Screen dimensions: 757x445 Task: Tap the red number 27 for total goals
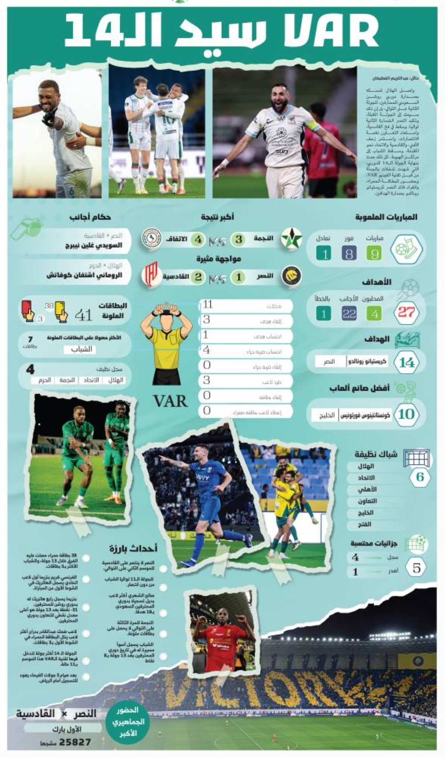point(406,312)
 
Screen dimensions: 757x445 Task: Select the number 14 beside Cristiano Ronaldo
point(406,362)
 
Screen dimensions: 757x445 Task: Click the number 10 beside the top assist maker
point(406,414)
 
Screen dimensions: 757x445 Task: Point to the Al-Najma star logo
point(291,239)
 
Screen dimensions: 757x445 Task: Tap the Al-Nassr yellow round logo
point(291,276)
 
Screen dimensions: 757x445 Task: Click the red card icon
point(27,310)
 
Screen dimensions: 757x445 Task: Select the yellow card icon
point(61,312)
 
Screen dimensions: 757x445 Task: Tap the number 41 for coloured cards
point(84,315)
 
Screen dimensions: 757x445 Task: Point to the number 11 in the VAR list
point(208,305)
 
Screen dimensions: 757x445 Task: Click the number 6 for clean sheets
point(420,477)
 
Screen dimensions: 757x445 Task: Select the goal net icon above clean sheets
point(417,458)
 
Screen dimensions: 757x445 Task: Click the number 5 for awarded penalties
point(417,568)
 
